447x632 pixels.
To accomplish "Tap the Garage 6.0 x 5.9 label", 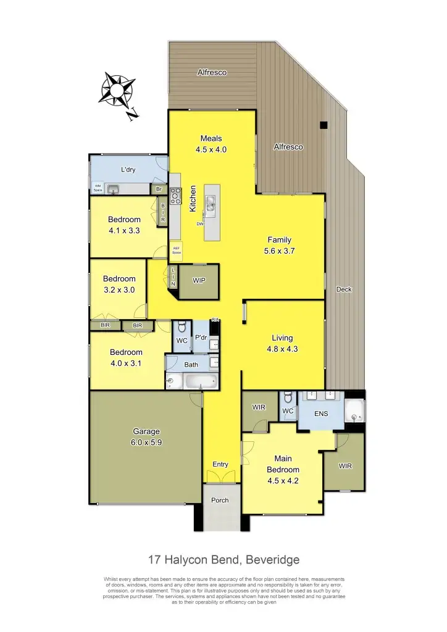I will (x=147, y=436).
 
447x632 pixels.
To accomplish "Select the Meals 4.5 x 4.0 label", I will (x=211, y=144).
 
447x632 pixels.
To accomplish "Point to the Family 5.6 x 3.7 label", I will (x=279, y=245).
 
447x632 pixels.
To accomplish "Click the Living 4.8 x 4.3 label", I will (x=282, y=343).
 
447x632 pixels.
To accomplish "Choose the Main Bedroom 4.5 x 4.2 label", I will (x=283, y=470).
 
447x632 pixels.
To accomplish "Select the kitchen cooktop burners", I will (x=175, y=197).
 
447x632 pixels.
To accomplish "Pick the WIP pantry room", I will (x=199, y=281).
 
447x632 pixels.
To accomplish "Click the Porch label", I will (x=220, y=500).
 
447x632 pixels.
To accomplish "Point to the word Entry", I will (x=220, y=464).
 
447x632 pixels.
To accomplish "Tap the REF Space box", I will (x=176, y=250).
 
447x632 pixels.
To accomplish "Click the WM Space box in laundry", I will (x=98, y=188).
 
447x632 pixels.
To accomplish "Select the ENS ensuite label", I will (x=321, y=414).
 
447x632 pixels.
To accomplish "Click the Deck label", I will (x=344, y=289).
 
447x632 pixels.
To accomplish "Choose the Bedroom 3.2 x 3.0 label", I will (x=119, y=284).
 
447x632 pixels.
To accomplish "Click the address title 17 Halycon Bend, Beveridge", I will (x=223, y=560).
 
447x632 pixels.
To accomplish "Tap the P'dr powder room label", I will (x=201, y=338).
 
